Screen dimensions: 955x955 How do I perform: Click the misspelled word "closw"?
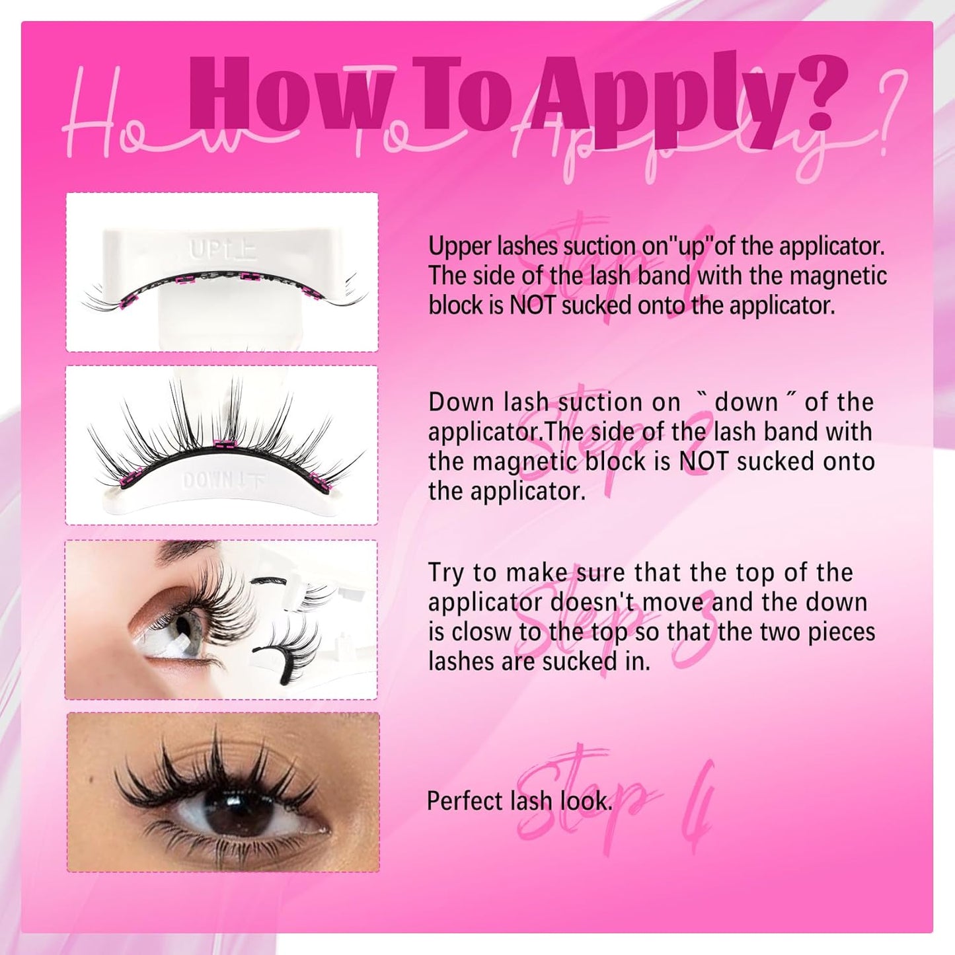(x=480, y=632)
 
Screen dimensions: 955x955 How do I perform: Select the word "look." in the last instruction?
(x=586, y=802)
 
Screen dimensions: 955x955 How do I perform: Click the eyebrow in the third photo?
(x=185, y=549)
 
